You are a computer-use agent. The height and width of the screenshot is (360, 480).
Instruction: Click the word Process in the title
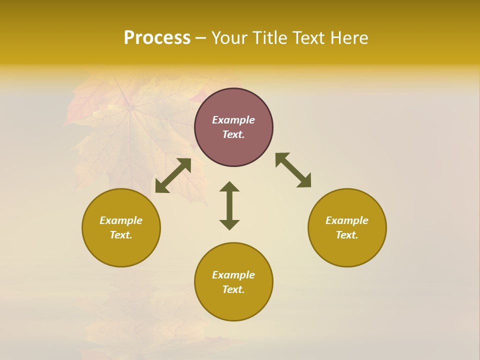(x=157, y=38)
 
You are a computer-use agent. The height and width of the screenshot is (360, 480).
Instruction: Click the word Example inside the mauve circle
(x=233, y=120)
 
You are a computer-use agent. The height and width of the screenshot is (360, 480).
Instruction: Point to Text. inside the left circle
(x=121, y=235)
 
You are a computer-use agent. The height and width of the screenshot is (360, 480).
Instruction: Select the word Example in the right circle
(x=347, y=220)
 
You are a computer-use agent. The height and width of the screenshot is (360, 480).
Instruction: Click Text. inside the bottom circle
(x=233, y=289)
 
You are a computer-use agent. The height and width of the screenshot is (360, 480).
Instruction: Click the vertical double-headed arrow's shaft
(x=229, y=205)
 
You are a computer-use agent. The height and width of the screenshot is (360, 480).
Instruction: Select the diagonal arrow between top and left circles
(x=173, y=175)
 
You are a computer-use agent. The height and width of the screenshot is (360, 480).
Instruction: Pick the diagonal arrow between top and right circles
(x=293, y=170)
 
